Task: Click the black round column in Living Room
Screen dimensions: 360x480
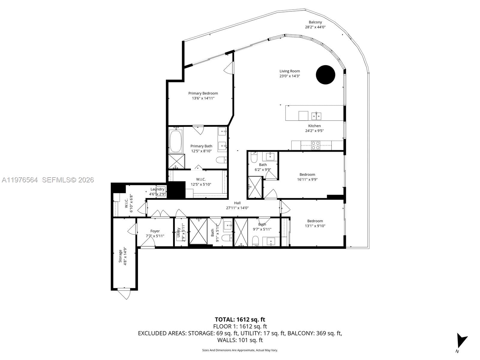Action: tap(325, 75)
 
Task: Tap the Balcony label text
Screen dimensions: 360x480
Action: tap(315, 22)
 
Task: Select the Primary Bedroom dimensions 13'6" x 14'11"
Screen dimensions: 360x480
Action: tap(203, 98)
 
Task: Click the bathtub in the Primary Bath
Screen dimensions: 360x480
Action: tap(176, 141)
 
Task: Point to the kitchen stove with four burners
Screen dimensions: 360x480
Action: tap(315, 145)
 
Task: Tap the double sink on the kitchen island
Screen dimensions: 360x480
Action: tap(316, 115)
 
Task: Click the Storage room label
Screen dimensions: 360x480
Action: tap(121, 256)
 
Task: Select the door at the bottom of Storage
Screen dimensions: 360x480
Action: tap(124, 293)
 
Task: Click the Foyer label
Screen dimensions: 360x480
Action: tap(155, 231)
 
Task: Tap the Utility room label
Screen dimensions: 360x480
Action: tap(178, 233)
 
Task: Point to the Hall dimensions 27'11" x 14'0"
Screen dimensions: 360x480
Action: tap(237, 208)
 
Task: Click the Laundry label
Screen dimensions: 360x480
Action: tap(157, 189)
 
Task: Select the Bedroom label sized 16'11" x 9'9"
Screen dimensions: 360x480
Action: tap(307, 175)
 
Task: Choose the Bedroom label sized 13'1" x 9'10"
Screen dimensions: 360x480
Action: tap(315, 221)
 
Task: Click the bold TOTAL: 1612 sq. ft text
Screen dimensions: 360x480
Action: tap(240, 319)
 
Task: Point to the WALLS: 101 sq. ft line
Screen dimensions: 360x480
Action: tap(240, 340)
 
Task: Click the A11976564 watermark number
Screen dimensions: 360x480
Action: tap(20, 180)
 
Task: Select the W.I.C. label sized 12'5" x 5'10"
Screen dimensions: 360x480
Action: tap(201, 179)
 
